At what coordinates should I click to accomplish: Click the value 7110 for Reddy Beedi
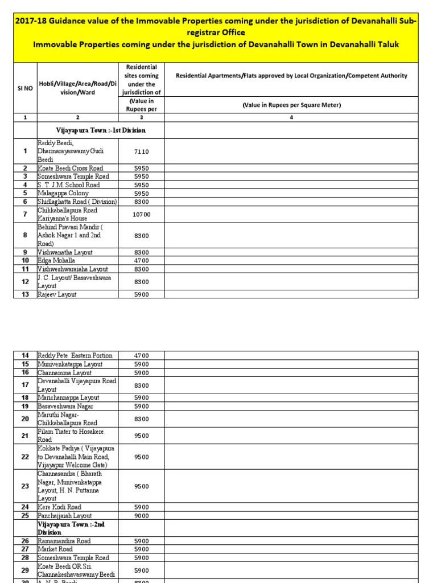pos(141,152)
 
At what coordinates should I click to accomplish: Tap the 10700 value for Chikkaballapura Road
pos(141,215)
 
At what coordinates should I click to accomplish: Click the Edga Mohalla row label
pos(57,261)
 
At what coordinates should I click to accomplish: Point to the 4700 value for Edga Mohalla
pos(141,261)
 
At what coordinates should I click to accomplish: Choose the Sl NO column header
pos(25,89)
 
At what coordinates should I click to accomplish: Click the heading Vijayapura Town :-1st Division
pos(100,130)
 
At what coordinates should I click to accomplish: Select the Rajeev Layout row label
pos(57,294)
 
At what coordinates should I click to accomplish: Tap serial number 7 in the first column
pos(25,215)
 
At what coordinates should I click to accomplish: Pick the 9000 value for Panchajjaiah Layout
pos(141,516)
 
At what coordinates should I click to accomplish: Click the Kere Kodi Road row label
pos(59,507)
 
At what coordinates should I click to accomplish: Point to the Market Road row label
pos(55,549)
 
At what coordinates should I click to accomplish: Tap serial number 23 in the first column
pos(25,486)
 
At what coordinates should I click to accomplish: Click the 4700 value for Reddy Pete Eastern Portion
pos(141,355)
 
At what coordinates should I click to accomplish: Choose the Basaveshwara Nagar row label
pos(65,407)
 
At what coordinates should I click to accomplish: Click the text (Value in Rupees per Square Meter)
pos(291,105)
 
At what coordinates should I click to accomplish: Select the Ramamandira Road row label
pos(64,541)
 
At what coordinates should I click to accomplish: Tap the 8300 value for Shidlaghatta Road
pos(141,202)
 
